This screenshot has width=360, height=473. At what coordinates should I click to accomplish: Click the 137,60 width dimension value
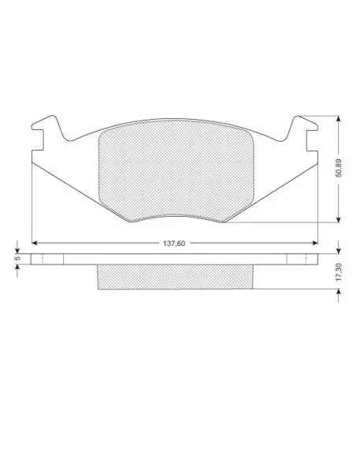174,243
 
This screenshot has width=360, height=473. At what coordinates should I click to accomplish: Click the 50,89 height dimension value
339,168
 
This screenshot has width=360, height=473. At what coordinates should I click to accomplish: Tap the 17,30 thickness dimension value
339,272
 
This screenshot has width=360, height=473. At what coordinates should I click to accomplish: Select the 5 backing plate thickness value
17,259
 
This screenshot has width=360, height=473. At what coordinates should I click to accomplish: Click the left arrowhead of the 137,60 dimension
35,243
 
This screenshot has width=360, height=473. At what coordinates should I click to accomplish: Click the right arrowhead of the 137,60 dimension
315,243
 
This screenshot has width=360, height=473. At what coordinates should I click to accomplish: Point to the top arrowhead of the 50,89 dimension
339,118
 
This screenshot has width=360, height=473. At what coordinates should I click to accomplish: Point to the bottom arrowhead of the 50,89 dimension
339,220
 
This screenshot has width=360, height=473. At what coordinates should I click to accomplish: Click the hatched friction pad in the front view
176,170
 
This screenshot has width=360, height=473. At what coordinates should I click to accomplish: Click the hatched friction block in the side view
175,277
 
